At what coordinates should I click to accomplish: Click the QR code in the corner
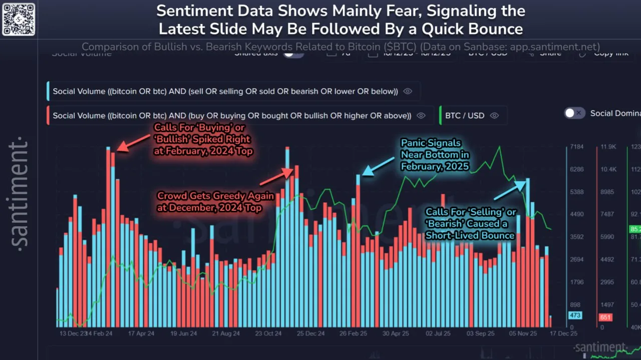(x=19, y=19)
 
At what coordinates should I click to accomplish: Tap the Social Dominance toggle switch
(x=574, y=113)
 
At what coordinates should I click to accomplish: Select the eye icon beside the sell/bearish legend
(x=408, y=91)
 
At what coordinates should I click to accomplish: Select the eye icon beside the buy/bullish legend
(x=421, y=116)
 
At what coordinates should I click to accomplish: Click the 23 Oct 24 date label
(x=268, y=333)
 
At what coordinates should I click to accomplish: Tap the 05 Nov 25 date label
(x=523, y=333)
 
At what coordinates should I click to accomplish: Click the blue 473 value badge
(x=574, y=315)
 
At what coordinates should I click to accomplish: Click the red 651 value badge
(x=605, y=317)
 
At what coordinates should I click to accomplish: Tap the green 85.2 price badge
(x=634, y=230)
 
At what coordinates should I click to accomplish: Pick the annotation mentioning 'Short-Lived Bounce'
(x=470, y=224)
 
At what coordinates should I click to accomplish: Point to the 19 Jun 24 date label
(x=184, y=333)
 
